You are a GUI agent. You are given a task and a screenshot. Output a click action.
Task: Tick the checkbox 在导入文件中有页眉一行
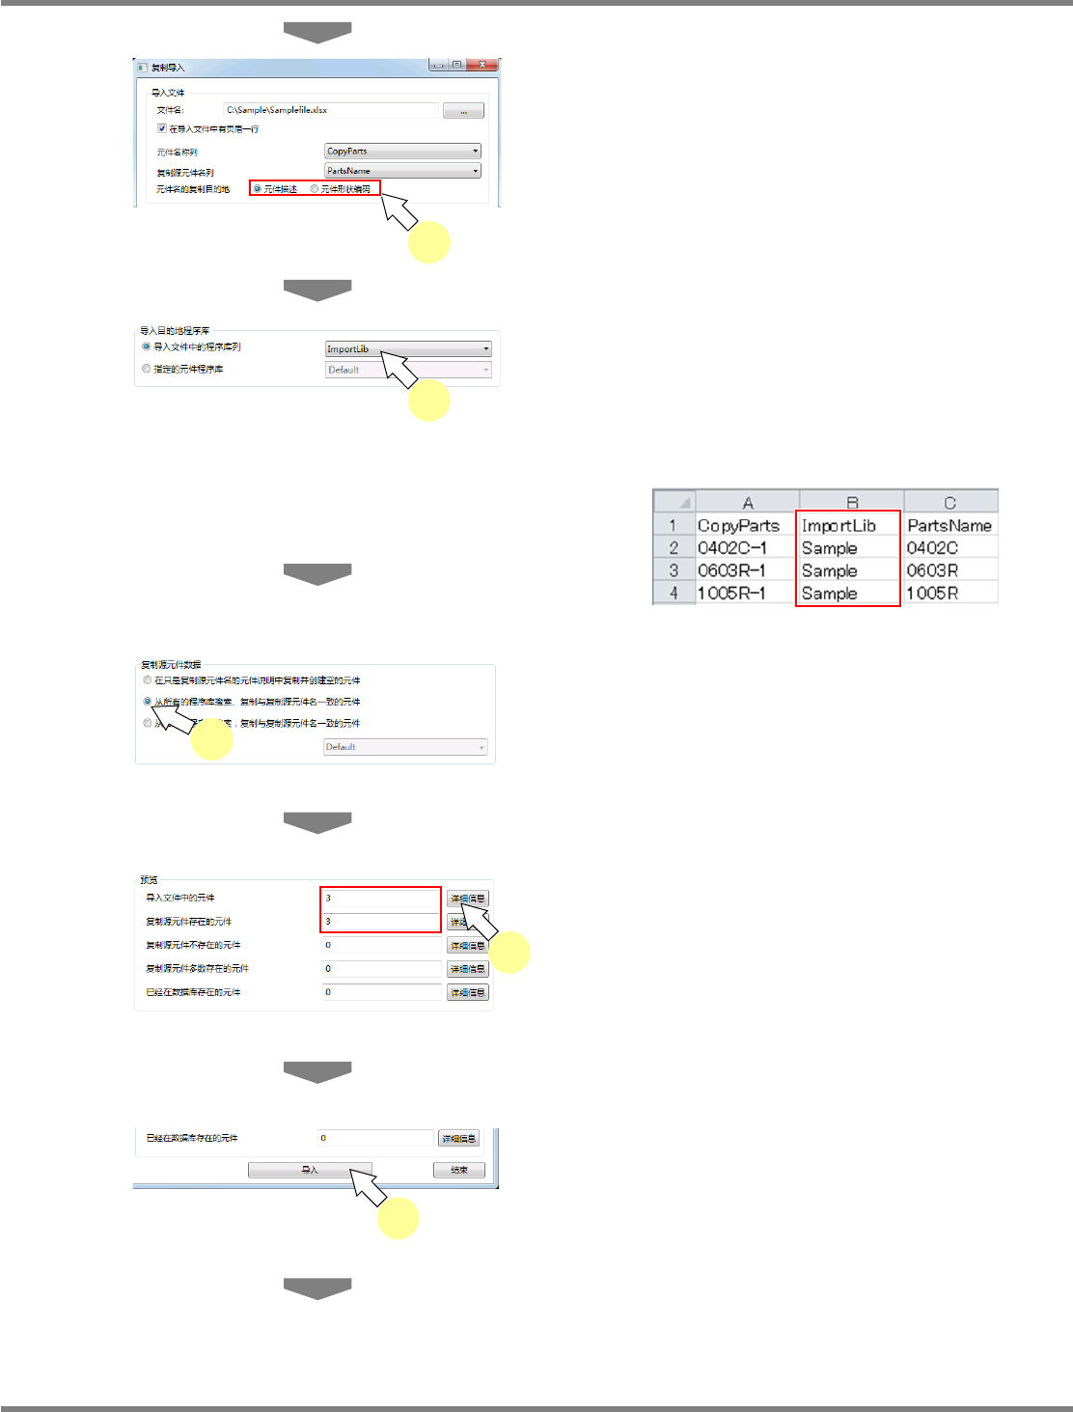(162, 128)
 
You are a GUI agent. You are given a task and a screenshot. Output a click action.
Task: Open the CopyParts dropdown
(402, 151)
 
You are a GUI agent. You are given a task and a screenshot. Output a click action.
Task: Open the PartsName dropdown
(402, 171)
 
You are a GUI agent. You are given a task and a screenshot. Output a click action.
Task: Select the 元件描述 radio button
(258, 189)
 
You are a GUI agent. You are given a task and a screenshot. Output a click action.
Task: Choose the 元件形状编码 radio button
(315, 189)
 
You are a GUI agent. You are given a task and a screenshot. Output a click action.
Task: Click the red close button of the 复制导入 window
(481, 65)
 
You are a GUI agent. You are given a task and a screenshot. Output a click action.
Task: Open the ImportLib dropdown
(408, 348)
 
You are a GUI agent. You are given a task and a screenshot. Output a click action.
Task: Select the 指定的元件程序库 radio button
(147, 369)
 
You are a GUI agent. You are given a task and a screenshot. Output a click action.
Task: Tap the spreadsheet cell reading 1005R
(949, 594)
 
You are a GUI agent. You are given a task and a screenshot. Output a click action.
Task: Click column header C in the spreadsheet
(949, 503)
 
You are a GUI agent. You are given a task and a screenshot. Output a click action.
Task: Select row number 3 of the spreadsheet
(674, 571)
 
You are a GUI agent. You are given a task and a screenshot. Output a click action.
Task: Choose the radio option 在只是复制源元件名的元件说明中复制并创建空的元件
(148, 680)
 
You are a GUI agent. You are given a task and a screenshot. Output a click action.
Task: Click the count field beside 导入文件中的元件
(381, 899)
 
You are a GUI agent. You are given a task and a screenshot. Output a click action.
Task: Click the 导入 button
(309, 1170)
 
